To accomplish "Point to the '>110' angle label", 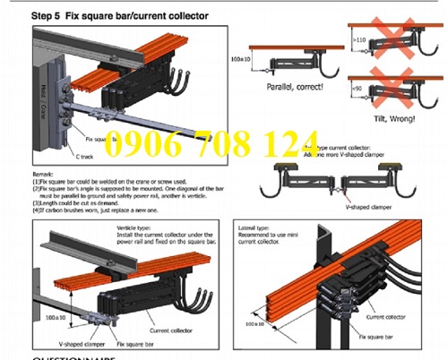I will tap(358, 40).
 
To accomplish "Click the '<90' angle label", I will tap(358, 90).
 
